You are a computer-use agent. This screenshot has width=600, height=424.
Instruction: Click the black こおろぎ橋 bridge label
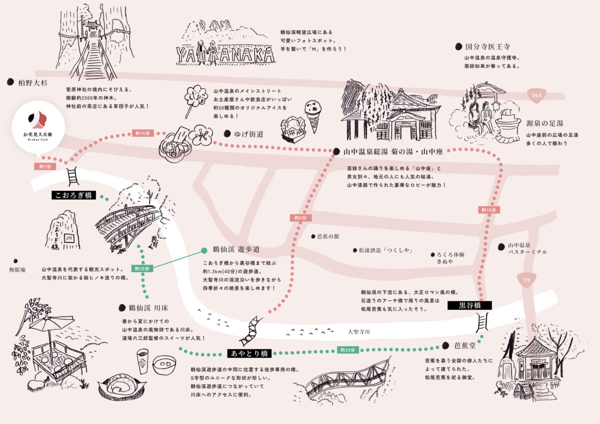coord(73,195)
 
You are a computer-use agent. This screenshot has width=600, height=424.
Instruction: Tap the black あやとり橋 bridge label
coord(248,353)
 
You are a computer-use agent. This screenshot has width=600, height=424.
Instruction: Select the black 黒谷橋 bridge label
coord(469,305)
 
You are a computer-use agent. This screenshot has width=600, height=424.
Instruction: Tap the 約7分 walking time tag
coord(44,166)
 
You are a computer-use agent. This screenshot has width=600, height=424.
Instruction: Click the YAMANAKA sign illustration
coord(225,54)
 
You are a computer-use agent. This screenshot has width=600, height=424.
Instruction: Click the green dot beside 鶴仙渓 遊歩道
coord(203,250)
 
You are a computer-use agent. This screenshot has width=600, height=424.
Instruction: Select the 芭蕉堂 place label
coord(464,345)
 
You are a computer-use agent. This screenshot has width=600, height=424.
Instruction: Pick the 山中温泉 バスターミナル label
coord(527,248)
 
